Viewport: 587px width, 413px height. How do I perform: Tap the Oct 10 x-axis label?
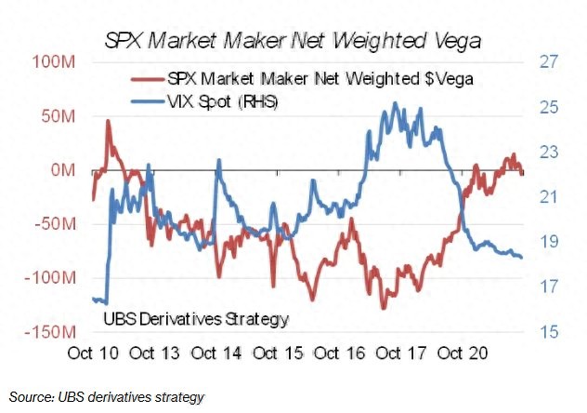[95, 353]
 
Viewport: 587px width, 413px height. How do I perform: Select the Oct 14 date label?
[218, 353]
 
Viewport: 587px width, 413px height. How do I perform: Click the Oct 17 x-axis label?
[401, 353]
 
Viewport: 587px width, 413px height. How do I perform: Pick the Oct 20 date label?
[463, 353]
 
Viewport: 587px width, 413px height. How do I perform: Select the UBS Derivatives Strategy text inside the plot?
[194, 319]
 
